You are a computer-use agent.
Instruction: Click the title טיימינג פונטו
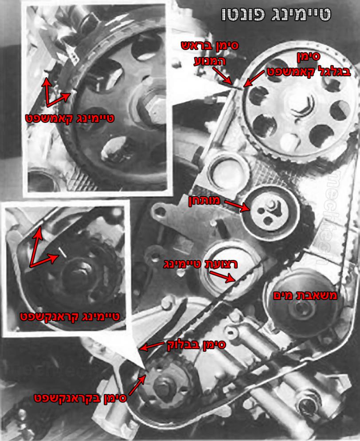(276, 14)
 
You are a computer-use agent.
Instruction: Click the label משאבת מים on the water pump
(305, 295)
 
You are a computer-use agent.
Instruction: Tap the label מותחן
(204, 201)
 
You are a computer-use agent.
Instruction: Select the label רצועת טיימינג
(200, 264)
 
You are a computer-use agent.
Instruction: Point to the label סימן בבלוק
(196, 345)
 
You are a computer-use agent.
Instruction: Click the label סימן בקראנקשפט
(80, 398)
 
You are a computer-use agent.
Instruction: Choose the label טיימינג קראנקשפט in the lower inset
(70, 316)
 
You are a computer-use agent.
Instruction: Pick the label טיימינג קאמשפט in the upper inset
(70, 118)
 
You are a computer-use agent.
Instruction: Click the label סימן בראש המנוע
(210, 53)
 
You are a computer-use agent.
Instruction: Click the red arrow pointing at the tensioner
(237, 205)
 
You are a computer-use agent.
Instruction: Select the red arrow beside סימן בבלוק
(152, 346)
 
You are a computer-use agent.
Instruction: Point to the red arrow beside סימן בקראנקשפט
(137, 385)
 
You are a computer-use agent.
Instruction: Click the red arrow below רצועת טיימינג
(222, 276)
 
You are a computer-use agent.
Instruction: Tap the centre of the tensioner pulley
(270, 210)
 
